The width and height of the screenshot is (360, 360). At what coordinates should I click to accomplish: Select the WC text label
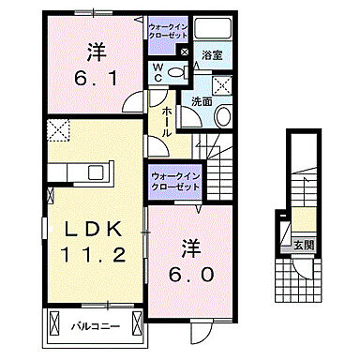coord(159,73)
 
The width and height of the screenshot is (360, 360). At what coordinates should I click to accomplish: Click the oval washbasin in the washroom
coord(222,117)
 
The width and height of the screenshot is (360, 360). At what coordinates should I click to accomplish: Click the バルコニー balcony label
coord(92,327)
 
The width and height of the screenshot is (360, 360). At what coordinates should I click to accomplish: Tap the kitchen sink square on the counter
coord(69,173)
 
